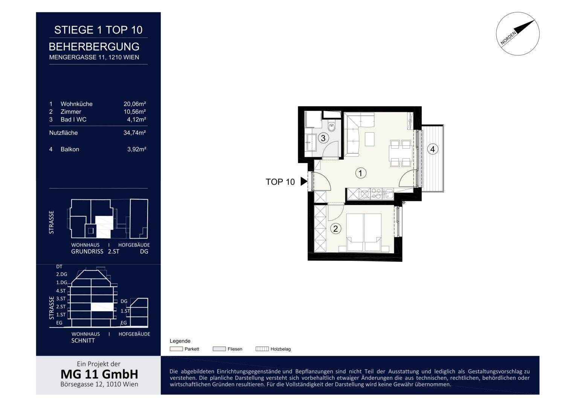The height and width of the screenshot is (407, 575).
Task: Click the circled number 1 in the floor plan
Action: point(360,173)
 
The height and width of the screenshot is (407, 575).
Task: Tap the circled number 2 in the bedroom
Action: point(336,228)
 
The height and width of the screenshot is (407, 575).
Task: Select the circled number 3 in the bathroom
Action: point(323,138)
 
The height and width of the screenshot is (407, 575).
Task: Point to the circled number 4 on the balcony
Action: point(433,149)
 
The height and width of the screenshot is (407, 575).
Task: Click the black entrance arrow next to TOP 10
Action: point(304,181)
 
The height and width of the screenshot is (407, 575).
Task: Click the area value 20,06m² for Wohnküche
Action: point(134,104)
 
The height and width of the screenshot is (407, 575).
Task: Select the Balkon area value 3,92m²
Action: point(137,149)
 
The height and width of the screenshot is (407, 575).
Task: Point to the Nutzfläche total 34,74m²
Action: point(134,133)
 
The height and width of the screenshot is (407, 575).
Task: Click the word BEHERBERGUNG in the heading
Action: point(94,47)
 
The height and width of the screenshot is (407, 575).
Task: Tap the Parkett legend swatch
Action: point(176,349)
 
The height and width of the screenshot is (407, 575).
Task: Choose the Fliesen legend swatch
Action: point(219,349)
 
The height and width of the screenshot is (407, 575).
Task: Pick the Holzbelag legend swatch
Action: point(262,349)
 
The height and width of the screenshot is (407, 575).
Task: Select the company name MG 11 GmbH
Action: point(99,374)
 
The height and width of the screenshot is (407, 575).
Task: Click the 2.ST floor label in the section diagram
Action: point(61,306)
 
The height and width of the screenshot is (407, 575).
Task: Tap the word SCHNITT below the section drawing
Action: point(83,340)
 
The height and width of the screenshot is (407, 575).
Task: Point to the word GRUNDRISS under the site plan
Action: point(87,252)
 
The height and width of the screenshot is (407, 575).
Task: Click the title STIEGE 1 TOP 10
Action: point(98,30)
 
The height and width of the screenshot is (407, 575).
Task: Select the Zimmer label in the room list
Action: point(71,112)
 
